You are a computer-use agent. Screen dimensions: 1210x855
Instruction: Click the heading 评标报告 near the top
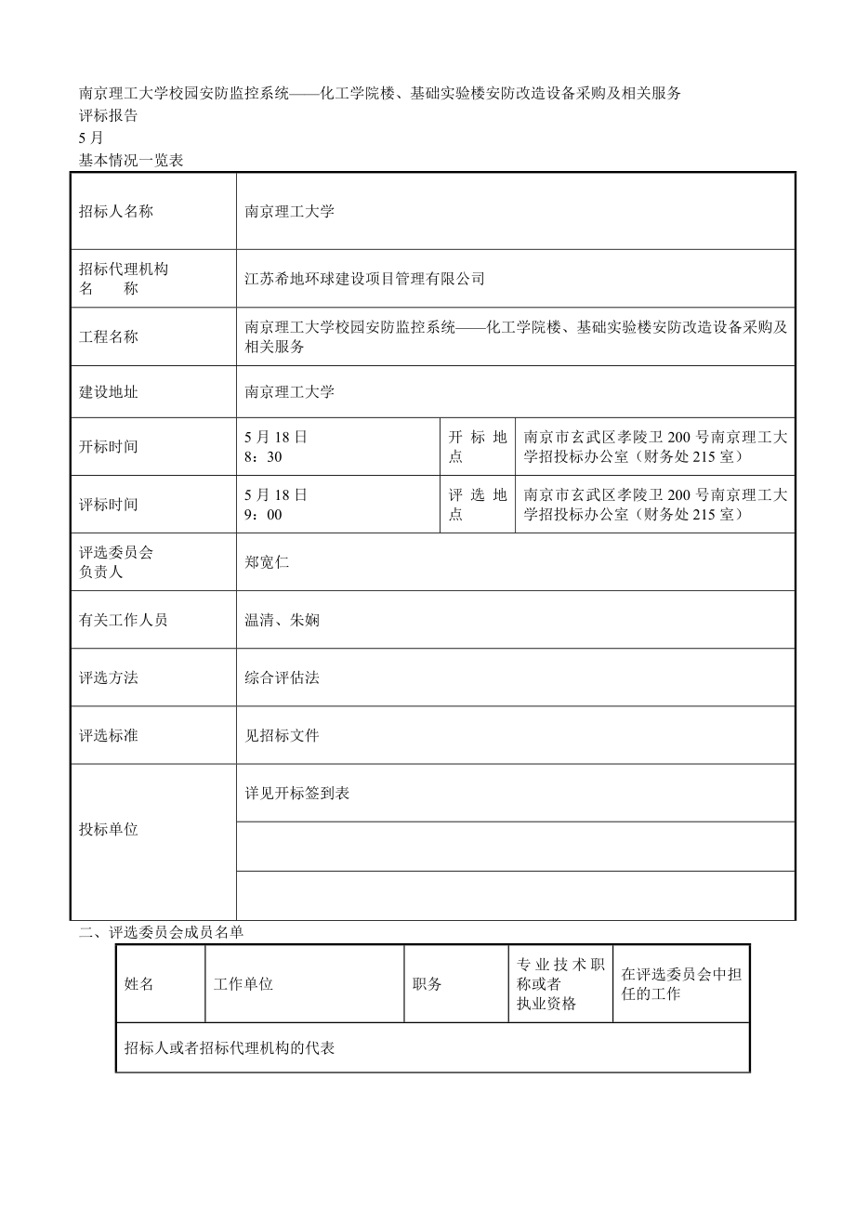108,116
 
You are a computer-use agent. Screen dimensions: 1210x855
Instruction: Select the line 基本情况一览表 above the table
131,160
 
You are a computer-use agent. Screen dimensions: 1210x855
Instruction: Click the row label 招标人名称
116,211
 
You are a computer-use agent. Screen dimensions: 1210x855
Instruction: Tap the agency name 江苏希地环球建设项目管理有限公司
364,278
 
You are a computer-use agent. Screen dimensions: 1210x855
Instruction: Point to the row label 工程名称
109,336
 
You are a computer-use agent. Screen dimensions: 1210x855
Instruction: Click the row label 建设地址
109,392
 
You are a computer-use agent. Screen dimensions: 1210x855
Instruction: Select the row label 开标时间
109,447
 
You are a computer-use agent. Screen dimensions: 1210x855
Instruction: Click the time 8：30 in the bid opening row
263,457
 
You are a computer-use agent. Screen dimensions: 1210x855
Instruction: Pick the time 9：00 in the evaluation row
263,515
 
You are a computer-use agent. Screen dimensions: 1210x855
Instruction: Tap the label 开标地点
477,447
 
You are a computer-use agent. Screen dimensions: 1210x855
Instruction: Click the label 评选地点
477,505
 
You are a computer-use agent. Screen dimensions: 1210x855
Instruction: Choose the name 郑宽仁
267,562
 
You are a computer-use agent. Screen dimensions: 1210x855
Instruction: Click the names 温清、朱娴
282,620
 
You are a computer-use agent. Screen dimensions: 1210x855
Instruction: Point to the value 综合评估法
282,677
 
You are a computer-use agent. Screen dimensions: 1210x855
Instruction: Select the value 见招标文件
282,735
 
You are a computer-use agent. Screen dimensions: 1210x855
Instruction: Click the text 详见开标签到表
296,794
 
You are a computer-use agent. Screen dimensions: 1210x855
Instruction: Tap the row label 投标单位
109,830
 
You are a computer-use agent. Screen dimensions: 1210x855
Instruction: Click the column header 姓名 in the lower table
139,984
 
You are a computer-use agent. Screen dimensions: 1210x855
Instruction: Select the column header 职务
427,984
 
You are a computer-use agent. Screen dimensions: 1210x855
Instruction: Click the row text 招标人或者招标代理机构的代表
230,1048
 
